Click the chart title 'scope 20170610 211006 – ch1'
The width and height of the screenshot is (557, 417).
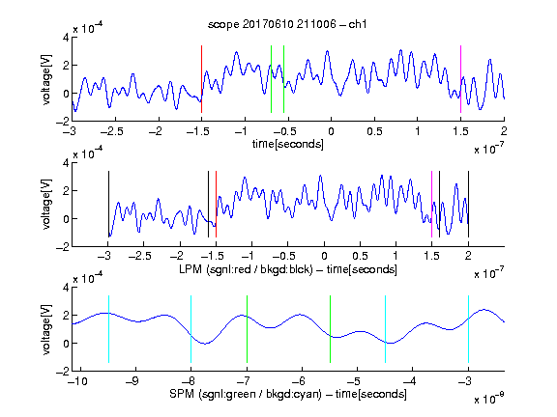287,24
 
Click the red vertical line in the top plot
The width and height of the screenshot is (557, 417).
201,79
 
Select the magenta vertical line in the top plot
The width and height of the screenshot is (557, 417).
460,79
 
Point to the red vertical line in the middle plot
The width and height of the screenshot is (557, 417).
216,205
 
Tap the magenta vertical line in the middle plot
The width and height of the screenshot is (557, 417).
431,205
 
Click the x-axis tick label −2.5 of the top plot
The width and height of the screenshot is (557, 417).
112,131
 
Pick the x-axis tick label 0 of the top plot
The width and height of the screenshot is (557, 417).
331,131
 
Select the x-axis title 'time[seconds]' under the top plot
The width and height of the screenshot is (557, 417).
288,144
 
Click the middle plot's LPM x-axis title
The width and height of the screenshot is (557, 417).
288,269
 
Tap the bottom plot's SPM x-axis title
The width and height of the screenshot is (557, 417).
288,394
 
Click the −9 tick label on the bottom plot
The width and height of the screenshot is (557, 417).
132,381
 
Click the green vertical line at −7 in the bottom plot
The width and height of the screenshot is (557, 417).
247,329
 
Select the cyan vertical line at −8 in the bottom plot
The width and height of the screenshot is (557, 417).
191,329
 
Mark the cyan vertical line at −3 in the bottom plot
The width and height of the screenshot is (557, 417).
468,329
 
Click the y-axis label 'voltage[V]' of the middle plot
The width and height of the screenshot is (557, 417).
46,205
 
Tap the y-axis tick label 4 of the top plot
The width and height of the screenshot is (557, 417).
66,38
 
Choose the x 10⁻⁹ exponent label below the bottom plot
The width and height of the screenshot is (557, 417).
489,399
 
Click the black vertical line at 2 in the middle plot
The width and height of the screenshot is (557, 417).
468,205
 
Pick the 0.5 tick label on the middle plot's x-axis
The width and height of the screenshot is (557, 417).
360,256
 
